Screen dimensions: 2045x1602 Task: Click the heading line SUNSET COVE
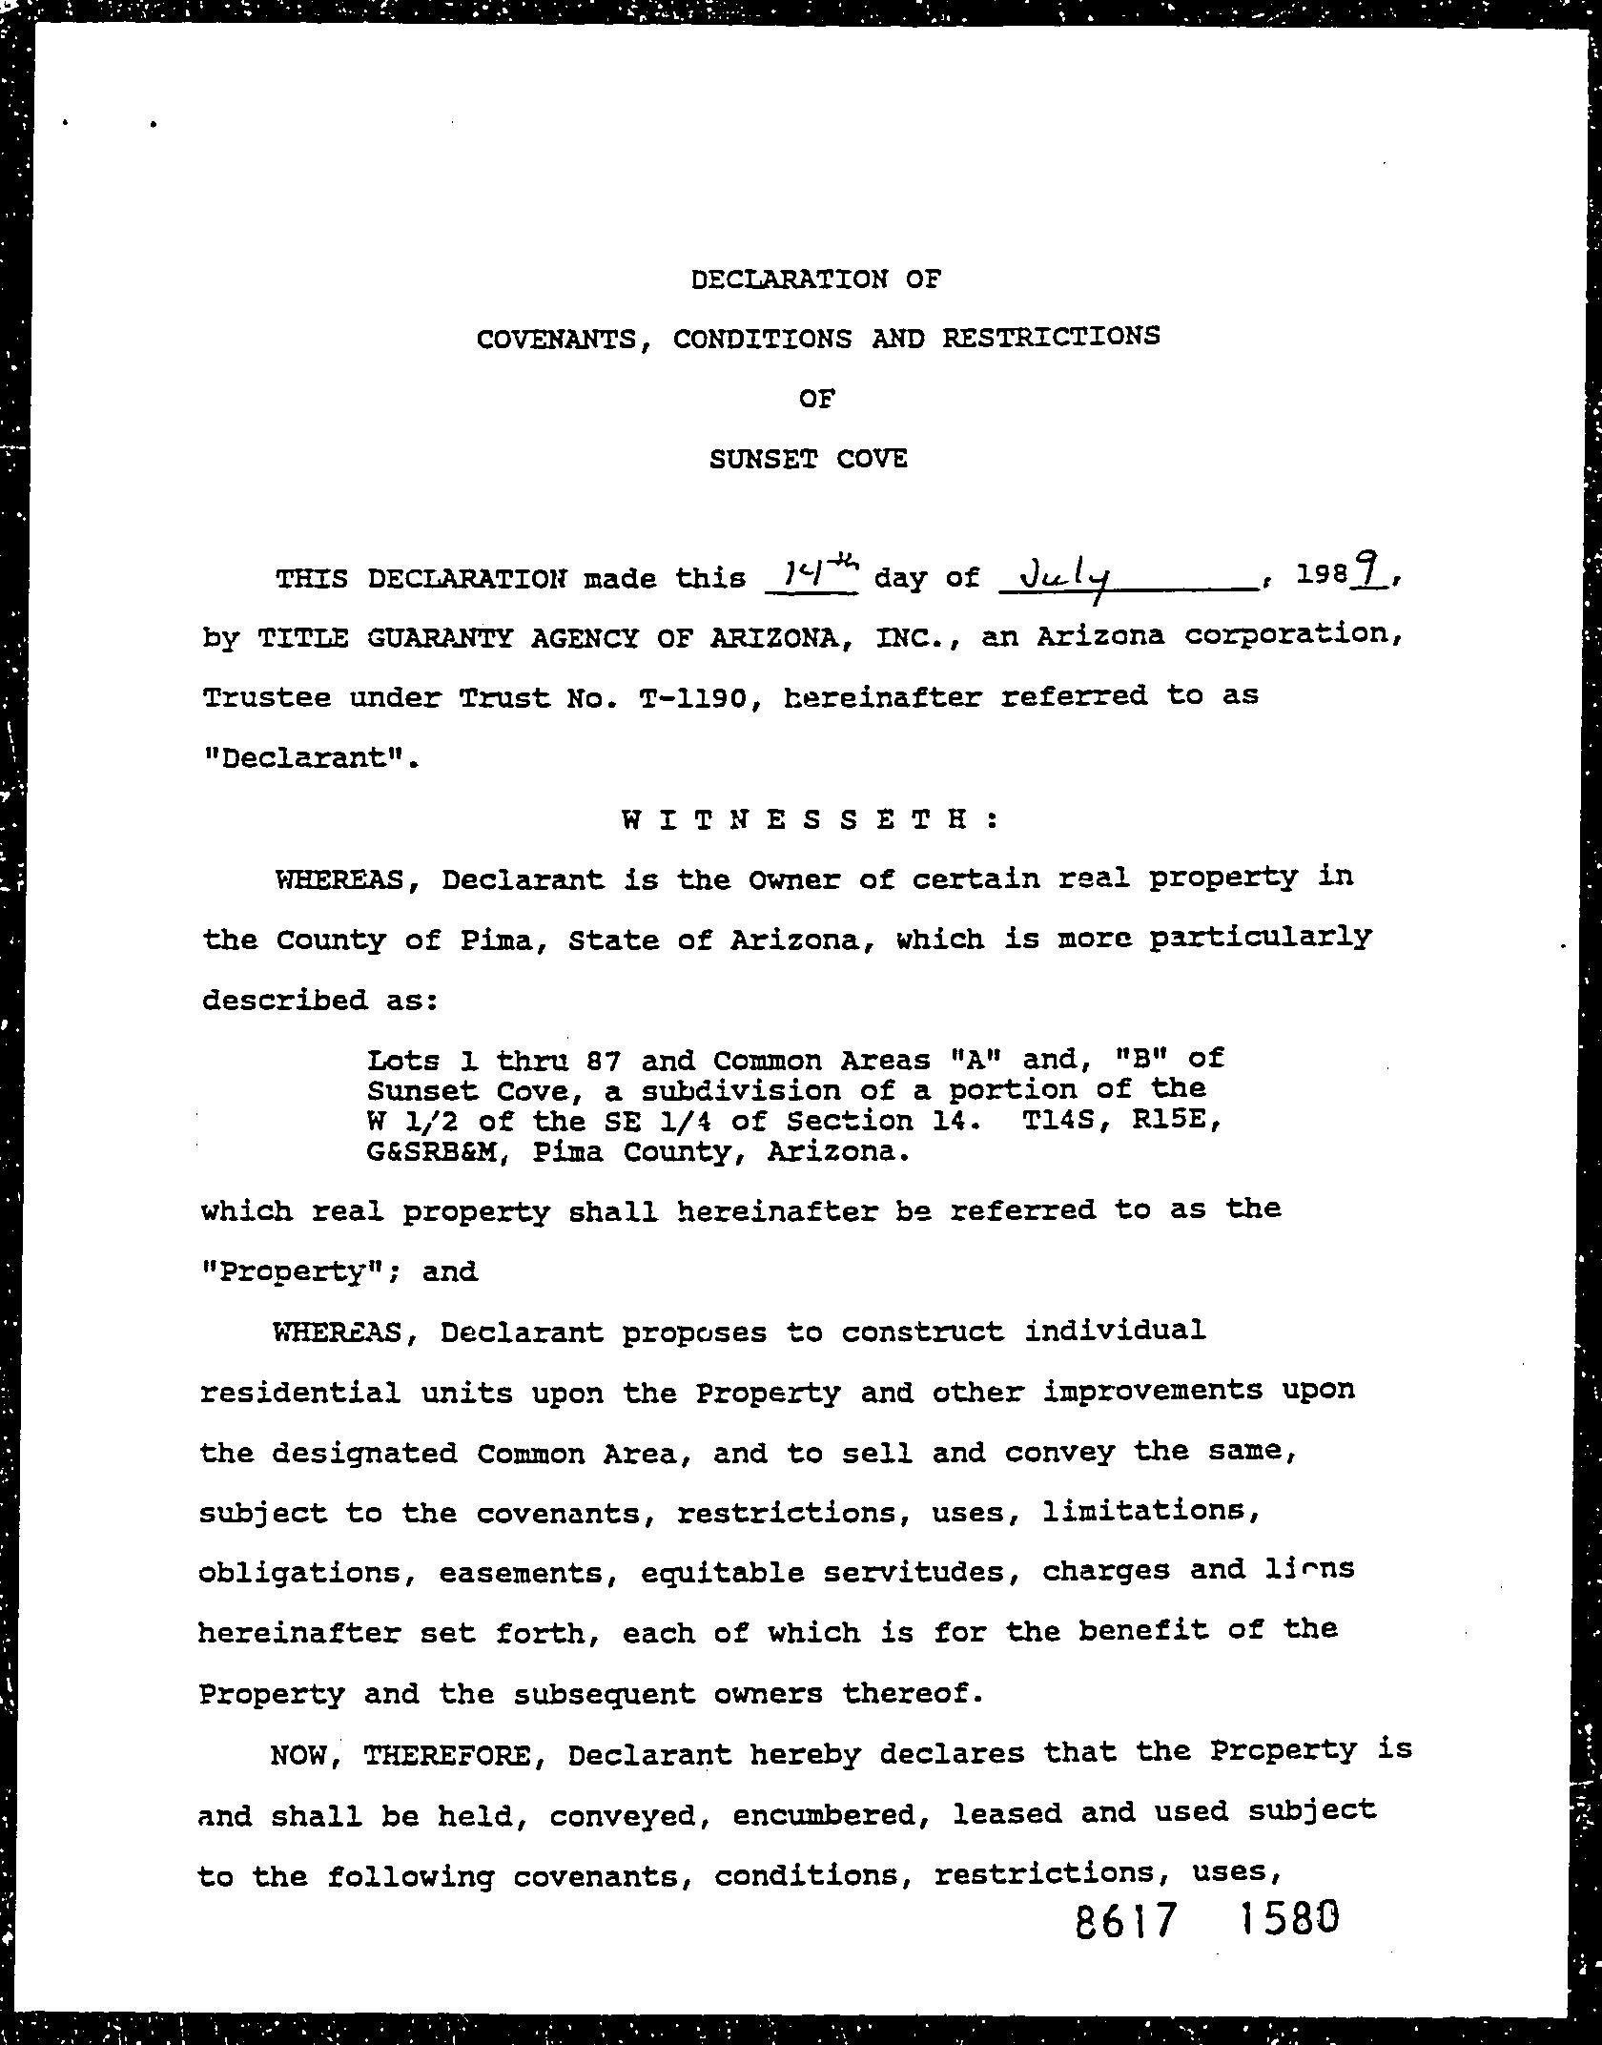(x=808, y=460)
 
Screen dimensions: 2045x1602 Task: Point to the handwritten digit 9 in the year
(x=1375, y=572)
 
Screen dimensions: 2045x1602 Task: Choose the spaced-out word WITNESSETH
(x=809, y=819)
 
